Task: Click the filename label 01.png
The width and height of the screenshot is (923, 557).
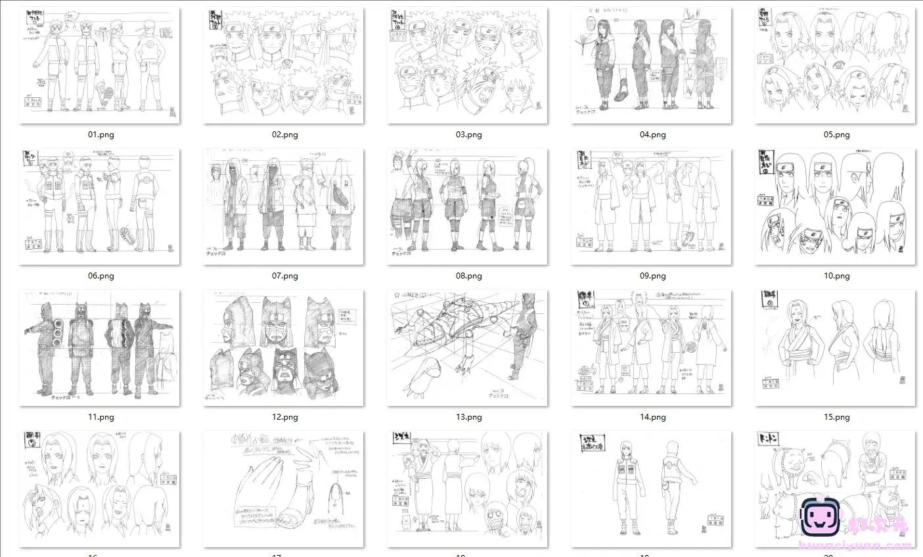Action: pyautogui.click(x=101, y=135)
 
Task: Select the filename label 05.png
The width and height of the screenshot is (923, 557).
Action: pyautogui.click(x=836, y=135)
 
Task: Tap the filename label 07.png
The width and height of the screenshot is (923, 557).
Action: pyautogui.click(x=284, y=276)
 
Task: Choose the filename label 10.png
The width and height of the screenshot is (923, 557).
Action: pyautogui.click(x=836, y=276)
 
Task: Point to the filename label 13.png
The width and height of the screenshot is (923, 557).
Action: pyautogui.click(x=468, y=417)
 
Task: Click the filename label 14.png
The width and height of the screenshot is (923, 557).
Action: pyautogui.click(x=652, y=417)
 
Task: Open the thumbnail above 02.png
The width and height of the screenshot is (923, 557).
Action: pyautogui.click(x=284, y=65)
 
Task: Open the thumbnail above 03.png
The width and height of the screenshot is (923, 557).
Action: pyautogui.click(x=468, y=65)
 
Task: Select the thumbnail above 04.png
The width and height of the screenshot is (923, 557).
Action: pyautogui.click(x=652, y=65)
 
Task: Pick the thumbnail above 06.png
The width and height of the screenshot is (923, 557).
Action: pyautogui.click(x=100, y=206)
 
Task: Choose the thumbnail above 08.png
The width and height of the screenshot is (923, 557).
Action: pyautogui.click(x=468, y=206)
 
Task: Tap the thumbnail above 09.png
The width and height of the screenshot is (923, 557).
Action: pyautogui.click(x=652, y=206)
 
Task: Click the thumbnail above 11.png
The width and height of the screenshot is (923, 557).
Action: pyautogui.click(x=100, y=347)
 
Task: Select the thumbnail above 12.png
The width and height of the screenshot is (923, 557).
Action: pyautogui.click(x=284, y=347)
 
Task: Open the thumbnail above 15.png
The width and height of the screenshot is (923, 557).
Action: pyautogui.click(x=836, y=347)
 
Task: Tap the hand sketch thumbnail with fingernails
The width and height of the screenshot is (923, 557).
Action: pyautogui.click(x=284, y=489)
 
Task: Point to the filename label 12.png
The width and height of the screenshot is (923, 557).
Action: pyautogui.click(x=284, y=417)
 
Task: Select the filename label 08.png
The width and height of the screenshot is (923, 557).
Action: pyautogui.click(x=468, y=276)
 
